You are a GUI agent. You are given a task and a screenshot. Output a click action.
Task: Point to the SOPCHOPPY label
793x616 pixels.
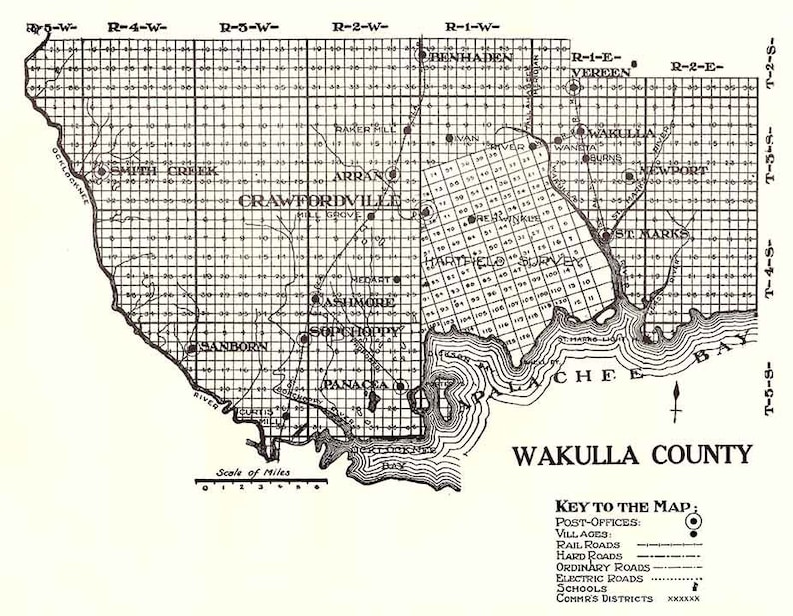pos(355,331)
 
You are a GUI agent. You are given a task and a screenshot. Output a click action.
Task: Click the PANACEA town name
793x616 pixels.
pos(355,384)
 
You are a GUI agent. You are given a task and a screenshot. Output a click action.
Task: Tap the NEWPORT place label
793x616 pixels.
pos(673,171)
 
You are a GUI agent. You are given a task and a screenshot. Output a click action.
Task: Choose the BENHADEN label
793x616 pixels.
pos(471,58)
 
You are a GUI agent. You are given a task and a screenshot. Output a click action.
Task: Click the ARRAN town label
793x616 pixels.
pos(364,175)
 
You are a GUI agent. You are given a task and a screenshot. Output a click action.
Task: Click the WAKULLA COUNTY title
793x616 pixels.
pos(632,455)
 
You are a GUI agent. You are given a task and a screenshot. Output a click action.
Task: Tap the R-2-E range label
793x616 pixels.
pos(697,66)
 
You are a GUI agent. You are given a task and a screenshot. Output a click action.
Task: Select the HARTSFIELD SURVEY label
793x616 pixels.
pos(503,262)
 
